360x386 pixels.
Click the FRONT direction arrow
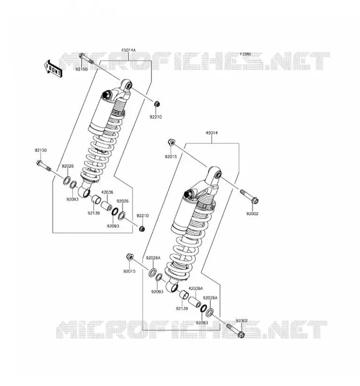point(53,69)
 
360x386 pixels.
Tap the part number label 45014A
point(128,50)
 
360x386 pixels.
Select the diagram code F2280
point(245,54)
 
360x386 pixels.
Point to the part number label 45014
point(212,133)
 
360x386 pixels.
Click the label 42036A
point(196,288)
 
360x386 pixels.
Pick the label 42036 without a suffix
point(107,192)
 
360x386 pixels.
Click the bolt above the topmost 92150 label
point(86,58)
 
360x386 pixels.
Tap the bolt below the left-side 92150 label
point(43,165)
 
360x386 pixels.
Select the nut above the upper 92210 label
point(157,104)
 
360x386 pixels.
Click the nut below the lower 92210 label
point(142,229)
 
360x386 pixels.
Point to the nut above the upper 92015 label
point(172,142)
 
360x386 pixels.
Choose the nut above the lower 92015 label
point(130,257)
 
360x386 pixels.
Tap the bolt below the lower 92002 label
point(235,331)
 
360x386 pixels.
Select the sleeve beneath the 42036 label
point(106,206)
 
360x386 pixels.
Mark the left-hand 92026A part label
point(153,258)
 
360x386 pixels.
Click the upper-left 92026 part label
point(67,166)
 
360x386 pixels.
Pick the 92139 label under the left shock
point(93,213)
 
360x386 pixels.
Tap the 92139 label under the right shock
point(182,308)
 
